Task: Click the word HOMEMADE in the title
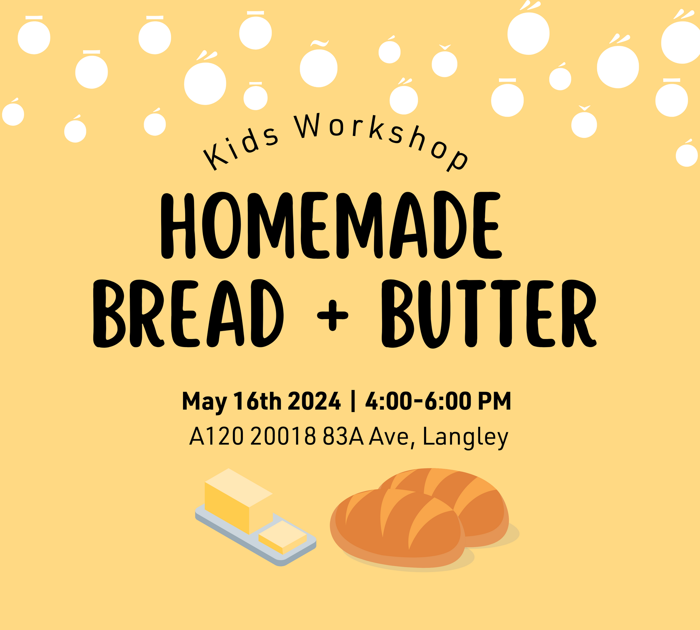[331, 225]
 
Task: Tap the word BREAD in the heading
[188, 314]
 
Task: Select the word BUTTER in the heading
[489, 314]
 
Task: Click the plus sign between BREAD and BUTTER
[332, 315]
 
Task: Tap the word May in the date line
[204, 402]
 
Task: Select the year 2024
[314, 401]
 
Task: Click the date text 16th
[257, 401]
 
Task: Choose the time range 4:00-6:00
[418, 401]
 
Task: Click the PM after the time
[494, 401]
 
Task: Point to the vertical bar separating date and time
[353, 401]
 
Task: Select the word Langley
[465, 437]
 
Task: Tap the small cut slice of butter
[283, 537]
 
